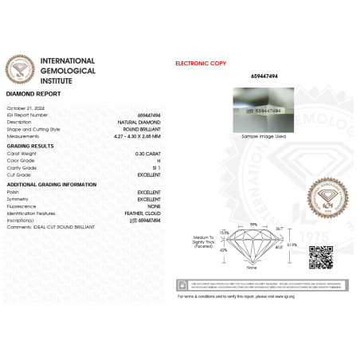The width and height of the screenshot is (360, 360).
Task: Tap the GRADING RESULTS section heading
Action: pyautogui.click(x=30, y=147)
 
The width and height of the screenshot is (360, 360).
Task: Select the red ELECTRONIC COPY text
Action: pyautogui.click(x=201, y=62)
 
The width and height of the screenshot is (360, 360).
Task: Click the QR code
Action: pyautogui.click(x=320, y=257)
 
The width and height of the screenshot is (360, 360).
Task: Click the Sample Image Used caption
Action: pyautogui.click(x=263, y=136)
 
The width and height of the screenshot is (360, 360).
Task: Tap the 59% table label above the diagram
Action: pyautogui.click(x=252, y=225)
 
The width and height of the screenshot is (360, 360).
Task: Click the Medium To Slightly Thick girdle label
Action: pyautogui.click(x=202, y=243)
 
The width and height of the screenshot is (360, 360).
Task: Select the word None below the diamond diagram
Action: pyautogui.click(x=252, y=269)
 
